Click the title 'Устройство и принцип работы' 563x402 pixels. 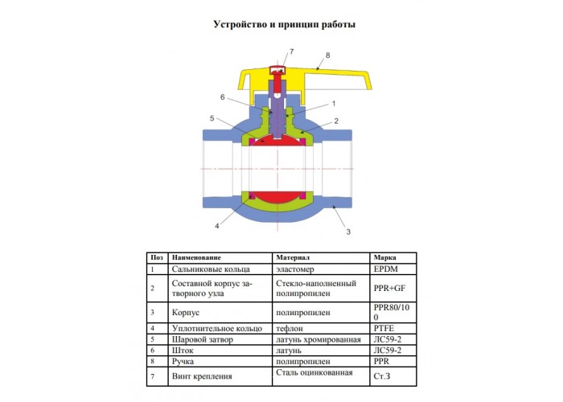(285, 25)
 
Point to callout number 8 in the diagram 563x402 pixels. (327, 55)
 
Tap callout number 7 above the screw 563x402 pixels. (291, 51)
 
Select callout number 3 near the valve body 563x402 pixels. (348, 232)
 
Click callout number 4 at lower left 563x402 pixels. (217, 226)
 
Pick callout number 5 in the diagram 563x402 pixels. (212, 118)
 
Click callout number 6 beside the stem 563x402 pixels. (223, 97)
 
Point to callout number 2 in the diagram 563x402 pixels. (336, 121)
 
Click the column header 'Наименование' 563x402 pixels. (196, 258)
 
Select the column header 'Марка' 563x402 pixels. (384, 258)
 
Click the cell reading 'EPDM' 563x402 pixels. (385, 269)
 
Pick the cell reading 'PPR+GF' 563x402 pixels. (389, 288)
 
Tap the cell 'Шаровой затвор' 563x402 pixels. (203, 339)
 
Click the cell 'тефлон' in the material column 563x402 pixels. (290, 328)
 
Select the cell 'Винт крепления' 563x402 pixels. (202, 376)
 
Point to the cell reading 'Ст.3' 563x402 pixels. (382, 376)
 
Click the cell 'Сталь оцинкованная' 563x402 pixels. (314, 373)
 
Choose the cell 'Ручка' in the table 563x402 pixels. (183, 362)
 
